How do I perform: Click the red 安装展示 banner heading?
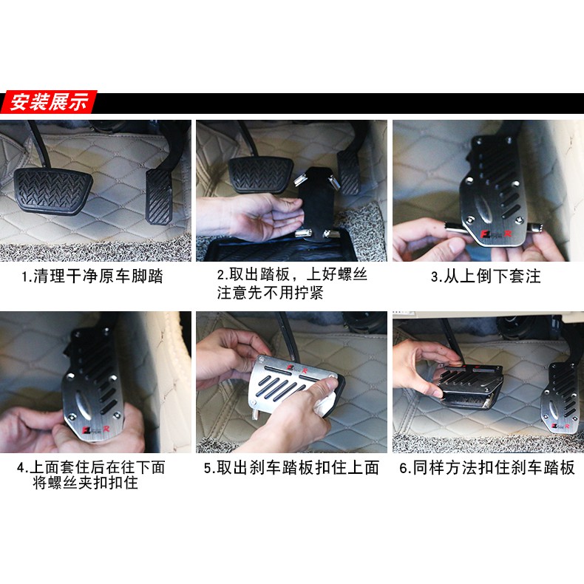point(50,102)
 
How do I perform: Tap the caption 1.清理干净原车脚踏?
point(92,276)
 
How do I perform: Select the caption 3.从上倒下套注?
point(485,276)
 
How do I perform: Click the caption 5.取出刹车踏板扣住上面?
point(291,468)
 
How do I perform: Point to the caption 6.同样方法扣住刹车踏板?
point(487,468)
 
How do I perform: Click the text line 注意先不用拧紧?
point(270,293)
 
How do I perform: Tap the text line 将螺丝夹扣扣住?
point(85,483)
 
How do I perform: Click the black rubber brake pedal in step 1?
point(53,190)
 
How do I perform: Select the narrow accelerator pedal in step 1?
point(159,197)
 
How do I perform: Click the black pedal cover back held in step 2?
point(316,203)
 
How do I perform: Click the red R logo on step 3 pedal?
point(508,234)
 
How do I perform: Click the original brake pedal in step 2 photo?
point(261,174)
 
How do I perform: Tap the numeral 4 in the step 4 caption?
point(21,467)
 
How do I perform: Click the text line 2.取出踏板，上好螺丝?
point(292,275)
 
